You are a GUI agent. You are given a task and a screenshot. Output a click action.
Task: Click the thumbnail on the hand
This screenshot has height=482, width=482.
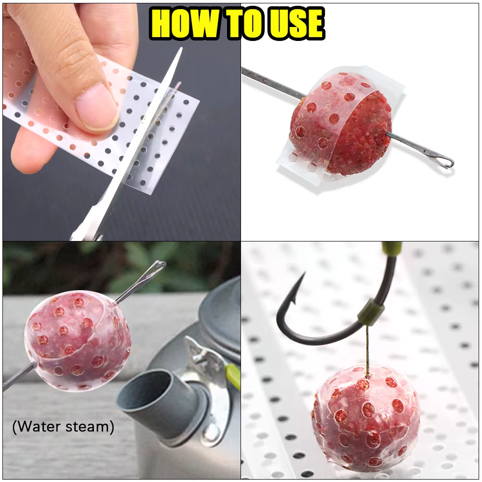click(96, 106)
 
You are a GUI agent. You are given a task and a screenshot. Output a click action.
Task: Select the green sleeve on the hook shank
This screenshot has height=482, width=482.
click(371, 313)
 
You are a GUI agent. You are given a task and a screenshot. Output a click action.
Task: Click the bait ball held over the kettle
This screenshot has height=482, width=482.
click(78, 341)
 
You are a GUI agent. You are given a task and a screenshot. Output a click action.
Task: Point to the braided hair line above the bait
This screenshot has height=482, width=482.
click(368, 351)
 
